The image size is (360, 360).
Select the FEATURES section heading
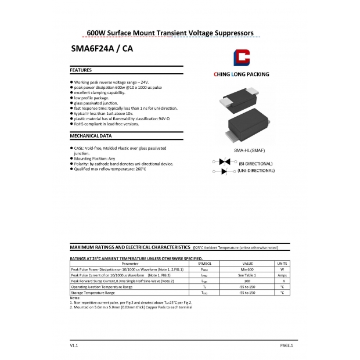point(81,70)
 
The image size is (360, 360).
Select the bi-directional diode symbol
point(224,164)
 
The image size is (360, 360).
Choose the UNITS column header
point(282,264)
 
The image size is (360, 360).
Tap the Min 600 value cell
point(247,269)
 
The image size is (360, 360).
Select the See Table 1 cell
point(247,275)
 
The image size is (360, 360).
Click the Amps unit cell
point(282,275)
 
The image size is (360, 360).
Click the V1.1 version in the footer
point(73,345)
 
